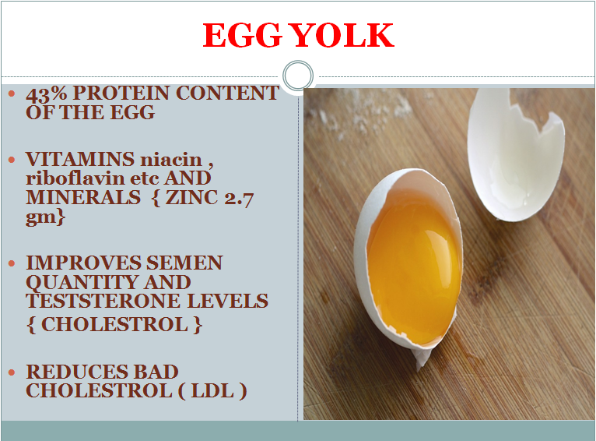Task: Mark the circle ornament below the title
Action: click(297, 76)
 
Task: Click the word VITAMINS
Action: click(75, 160)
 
